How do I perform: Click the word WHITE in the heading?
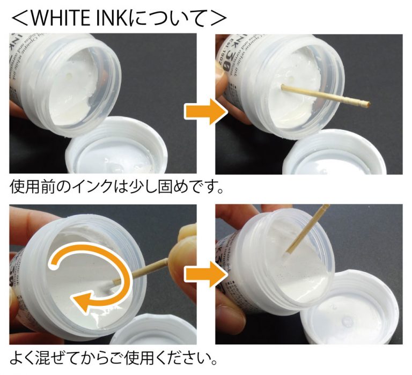tap(64, 17)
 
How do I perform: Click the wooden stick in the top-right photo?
tap(324, 94)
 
